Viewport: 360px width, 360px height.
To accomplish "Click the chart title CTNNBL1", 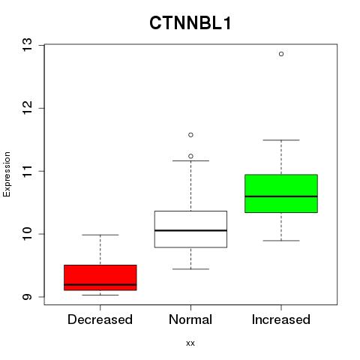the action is click(190, 23).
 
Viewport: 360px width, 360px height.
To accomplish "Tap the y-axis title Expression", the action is click(7, 174).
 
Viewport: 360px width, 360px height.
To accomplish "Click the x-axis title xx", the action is click(190, 343).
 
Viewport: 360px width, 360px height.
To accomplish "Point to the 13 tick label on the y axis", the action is click(28, 45).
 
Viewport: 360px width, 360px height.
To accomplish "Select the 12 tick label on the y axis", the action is click(28, 108).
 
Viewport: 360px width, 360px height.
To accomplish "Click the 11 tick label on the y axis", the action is click(28, 171).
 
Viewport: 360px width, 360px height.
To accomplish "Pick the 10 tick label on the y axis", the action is click(28, 234).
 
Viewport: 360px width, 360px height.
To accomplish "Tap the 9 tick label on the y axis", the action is click(28, 297).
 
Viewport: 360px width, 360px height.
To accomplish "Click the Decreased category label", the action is click(100, 319).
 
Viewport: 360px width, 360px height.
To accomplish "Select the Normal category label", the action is click(190, 319).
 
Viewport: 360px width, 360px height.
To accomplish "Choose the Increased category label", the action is click(281, 319).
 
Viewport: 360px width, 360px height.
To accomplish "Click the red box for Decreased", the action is click(100, 277).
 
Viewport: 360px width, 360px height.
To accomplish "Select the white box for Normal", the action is click(190, 229).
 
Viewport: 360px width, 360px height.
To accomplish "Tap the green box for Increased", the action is click(281, 193).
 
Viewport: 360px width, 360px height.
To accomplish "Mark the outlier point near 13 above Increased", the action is click(281, 54).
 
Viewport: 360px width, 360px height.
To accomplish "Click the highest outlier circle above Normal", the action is click(190, 135).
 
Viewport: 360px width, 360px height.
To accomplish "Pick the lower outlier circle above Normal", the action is click(190, 156).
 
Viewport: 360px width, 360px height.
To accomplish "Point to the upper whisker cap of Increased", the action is click(281, 140).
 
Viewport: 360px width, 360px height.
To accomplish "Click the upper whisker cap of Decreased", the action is click(100, 235).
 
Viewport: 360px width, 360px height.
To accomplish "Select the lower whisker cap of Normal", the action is click(190, 269).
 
